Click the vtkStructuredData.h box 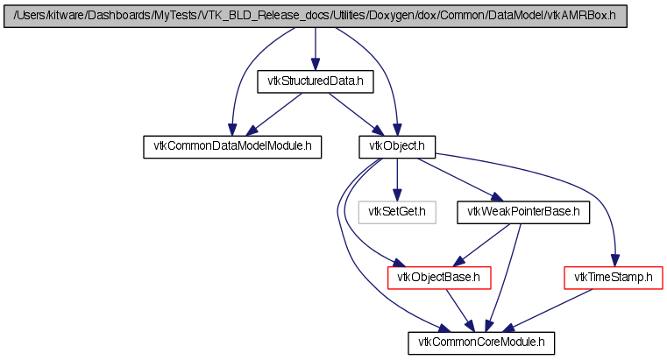tap(316, 81)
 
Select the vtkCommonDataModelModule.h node tap(232, 147)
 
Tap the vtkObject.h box tap(397, 147)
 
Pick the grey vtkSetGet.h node tap(397, 212)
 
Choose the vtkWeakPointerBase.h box tap(523, 212)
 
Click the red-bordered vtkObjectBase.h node tap(439, 278)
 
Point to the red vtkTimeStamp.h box tap(614, 278)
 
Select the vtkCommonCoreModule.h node tap(481, 343)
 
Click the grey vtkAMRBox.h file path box tap(316, 16)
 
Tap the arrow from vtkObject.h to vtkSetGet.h tap(397, 180)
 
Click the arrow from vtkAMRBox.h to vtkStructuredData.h tap(316, 49)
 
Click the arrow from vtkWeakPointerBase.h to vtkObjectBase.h tap(481, 245)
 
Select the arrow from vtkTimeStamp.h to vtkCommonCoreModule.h tap(547, 311)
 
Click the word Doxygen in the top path tap(386, 16)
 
